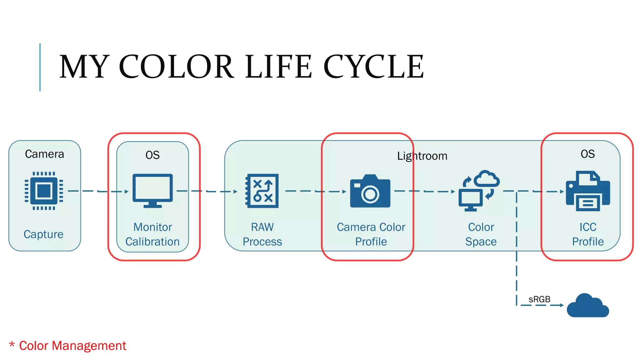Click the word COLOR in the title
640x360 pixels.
(177, 67)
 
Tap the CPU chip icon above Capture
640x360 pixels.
(44, 191)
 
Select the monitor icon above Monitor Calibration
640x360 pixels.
(152, 190)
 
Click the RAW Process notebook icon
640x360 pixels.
(262, 191)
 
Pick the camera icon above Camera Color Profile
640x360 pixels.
(370, 191)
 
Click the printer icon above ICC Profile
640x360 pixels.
(588, 191)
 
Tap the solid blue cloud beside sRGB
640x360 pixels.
(587, 306)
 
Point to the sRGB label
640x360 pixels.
(539, 299)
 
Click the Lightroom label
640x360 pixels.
(422, 156)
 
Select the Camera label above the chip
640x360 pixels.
(44, 154)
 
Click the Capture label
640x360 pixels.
(43, 234)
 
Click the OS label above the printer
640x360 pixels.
(587, 154)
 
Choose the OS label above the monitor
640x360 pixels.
(152, 155)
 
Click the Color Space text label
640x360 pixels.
(481, 234)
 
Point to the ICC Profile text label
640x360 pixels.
(588, 234)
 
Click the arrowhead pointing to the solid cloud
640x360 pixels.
(562, 305)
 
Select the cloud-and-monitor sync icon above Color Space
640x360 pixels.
(479, 191)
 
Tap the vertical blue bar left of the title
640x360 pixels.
(40, 67)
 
